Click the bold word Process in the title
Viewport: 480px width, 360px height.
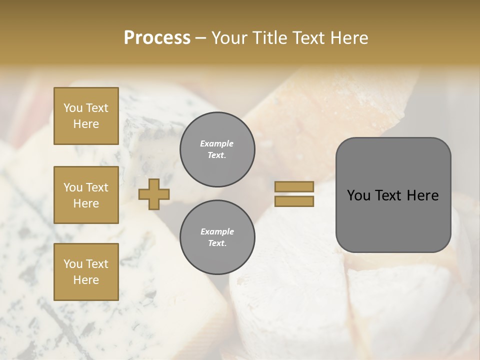(x=157, y=38)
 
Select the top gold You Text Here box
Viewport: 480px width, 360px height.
(x=86, y=116)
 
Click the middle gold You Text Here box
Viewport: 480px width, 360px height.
(x=86, y=195)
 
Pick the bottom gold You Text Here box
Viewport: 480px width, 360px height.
(x=86, y=271)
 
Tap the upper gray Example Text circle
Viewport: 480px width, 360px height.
(x=217, y=149)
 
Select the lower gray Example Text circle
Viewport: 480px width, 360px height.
(x=217, y=237)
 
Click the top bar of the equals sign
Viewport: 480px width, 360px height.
(x=294, y=187)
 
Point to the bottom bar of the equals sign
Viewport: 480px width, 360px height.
(x=294, y=201)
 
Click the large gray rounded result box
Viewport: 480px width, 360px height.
(x=393, y=195)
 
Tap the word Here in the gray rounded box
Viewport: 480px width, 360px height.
(x=422, y=195)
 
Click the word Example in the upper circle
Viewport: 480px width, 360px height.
(x=217, y=143)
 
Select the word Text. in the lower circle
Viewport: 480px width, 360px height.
(x=217, y=243)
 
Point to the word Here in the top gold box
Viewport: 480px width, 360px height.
(x=86, y=124)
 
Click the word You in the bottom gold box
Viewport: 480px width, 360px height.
(x=73, y=264)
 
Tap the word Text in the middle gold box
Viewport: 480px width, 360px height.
(x=96, y=187)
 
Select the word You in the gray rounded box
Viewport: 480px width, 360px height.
(x=358, y=195)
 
